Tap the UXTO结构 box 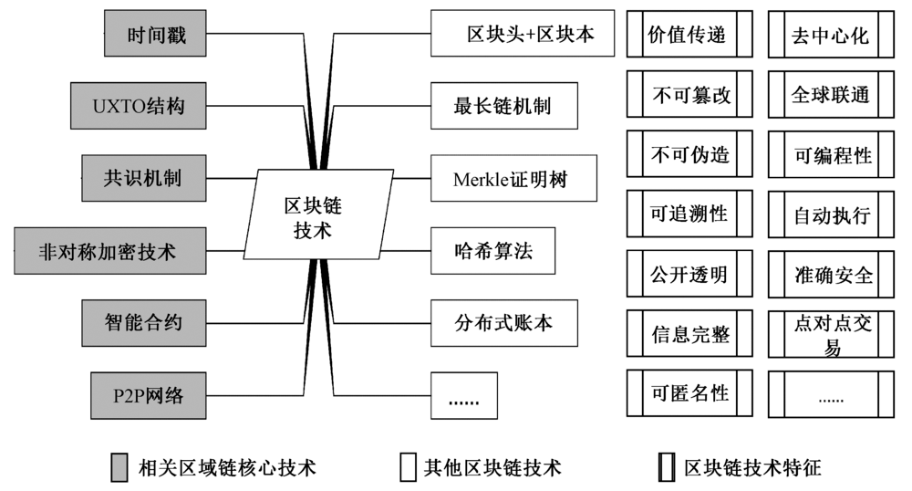coord(138,106)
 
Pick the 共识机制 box coord(141,177)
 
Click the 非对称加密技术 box coord(108,250)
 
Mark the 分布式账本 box coord(503,322)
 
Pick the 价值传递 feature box coord(689,35)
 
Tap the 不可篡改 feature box coord(689,95)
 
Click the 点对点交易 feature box coord(831,335)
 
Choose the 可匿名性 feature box coord(689,393)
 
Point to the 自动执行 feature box coord(831,215)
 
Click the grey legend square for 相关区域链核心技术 coord(119,466)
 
